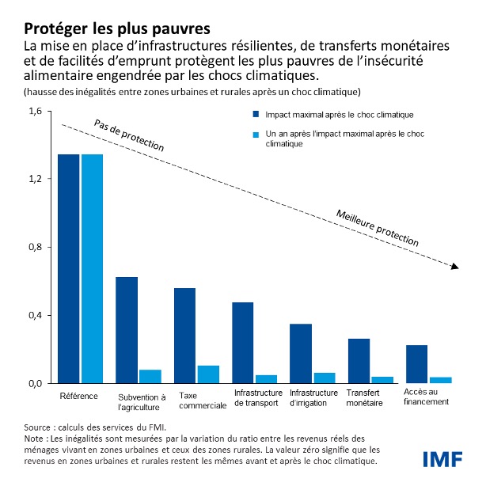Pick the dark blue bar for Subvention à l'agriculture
127,329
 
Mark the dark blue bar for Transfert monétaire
359,360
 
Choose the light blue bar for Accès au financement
440,379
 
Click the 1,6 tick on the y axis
34,111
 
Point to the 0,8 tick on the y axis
34,247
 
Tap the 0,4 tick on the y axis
34,315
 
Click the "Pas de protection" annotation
129,135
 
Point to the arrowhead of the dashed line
454,267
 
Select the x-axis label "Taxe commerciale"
196,401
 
